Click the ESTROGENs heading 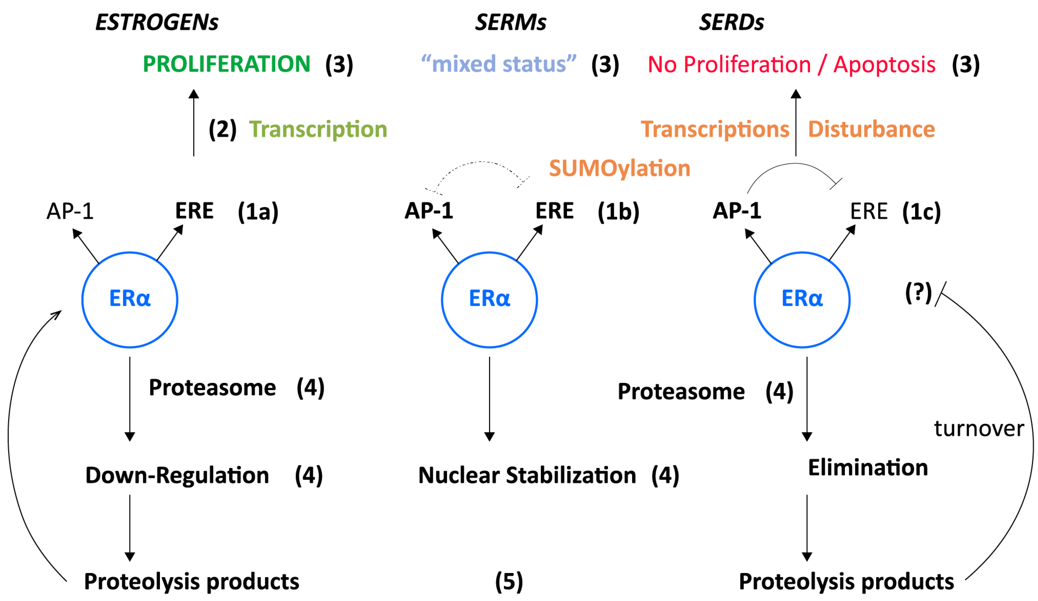157,22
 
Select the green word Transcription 318,129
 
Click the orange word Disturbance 871,129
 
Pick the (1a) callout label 258,212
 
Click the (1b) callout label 618,212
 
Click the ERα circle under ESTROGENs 130,300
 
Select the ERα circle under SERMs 489,300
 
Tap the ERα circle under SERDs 802,300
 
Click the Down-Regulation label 177,475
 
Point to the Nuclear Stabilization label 527,475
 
